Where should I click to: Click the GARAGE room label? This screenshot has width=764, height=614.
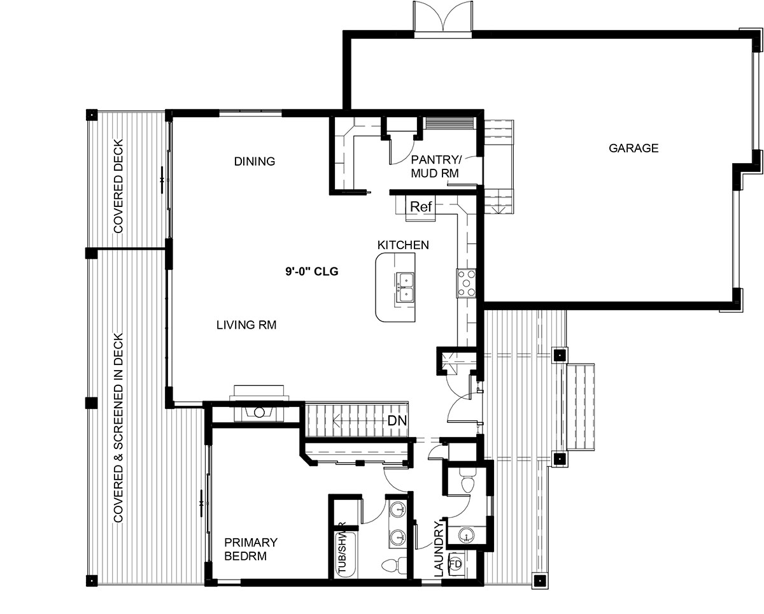pyautogui.click(x=633, y=148)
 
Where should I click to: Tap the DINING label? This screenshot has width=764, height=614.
pyautogui.click(x=255, y=162)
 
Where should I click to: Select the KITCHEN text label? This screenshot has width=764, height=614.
pyautogui.click(x=403, y=245)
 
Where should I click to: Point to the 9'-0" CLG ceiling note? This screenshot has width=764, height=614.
pyautogui.click(x=312, y=272)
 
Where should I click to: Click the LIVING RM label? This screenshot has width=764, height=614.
pyautogui.click(x=246, y=325)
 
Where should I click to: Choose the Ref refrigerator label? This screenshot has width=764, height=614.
pyautogui.click(x=421, y=206)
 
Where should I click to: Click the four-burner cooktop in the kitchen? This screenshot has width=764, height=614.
pyautogui.click(x=466, y=283)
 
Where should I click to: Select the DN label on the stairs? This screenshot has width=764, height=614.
pyautogui.click(x=397, y=421)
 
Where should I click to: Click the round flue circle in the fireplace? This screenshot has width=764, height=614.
pyautogui.click(x=260, y=413)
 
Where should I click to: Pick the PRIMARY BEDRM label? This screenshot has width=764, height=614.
pyautogui.click(x=251, y=549)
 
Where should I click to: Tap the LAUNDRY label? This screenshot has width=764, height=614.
pyautogui.click(x=439, y=548)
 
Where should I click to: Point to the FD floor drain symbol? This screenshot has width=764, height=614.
pyautogui.click(x=455, y=564)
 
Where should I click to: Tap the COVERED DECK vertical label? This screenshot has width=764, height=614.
pyautogui.click(x=118, y=186)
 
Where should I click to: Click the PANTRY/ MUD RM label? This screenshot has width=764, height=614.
pyautogui.click(x=435, y=166)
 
